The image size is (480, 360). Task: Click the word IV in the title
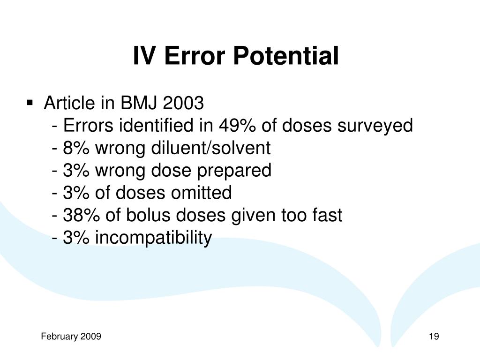[143, 56]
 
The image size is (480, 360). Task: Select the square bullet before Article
[30, 103]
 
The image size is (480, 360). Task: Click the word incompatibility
[153, 238]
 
